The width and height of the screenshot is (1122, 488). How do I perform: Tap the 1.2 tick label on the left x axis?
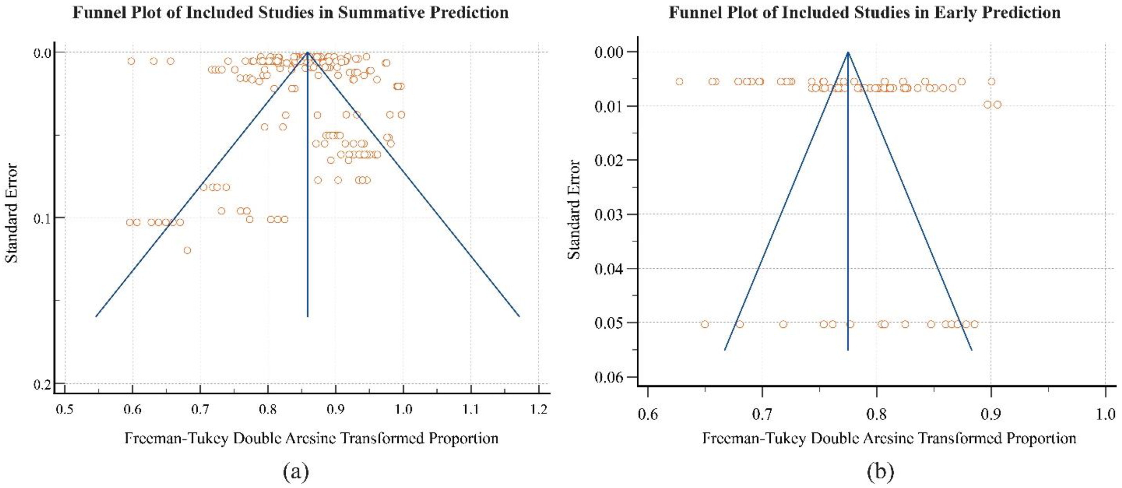click(539, 409)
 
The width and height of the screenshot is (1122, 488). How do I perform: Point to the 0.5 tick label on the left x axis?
click(65, 409)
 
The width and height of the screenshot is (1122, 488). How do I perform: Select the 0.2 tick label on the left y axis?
click(42, 384)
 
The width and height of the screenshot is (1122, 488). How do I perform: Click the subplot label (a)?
click(296, 471)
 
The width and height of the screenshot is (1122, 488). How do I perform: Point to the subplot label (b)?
click(880, 471)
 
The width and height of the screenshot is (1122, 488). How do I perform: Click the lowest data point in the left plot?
click(187, 250)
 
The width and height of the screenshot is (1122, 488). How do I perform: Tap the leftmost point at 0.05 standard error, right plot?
click(705, 324)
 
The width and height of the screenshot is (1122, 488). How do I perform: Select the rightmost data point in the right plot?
click(997, 105)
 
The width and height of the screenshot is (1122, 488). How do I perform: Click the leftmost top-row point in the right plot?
click(679, 82)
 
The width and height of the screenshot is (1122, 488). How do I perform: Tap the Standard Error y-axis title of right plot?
click(574, 209)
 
